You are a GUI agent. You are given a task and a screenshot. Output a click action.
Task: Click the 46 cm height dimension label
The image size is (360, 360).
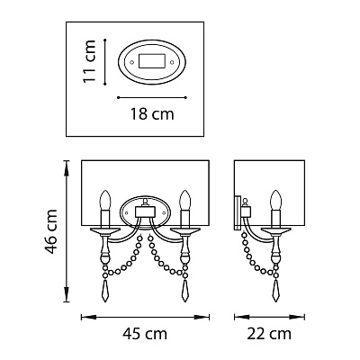point(51,231)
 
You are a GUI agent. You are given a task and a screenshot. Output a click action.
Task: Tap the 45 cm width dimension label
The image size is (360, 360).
point(145,334)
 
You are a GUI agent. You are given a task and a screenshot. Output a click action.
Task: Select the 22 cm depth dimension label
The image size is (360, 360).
point(269,334)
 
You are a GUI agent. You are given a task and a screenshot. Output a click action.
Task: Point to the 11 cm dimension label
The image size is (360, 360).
point(89,61)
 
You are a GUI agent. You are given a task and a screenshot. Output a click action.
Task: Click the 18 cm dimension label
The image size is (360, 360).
point(152,114)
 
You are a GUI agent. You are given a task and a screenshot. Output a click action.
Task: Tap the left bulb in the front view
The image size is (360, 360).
point(105,200)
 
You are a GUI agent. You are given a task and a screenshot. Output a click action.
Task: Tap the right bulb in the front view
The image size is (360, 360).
point(185,200)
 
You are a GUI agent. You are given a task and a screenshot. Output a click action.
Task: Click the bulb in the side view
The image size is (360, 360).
point(275,200)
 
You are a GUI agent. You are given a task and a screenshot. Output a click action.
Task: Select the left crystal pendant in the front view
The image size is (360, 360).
point(105,290)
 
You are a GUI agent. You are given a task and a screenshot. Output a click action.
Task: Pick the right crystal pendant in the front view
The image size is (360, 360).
point(184,290)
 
